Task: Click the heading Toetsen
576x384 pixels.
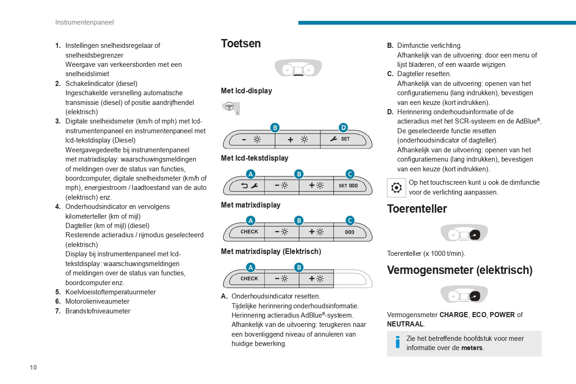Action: [240, 44]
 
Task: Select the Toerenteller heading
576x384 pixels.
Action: [417, 209]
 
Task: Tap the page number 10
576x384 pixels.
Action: [33, 367]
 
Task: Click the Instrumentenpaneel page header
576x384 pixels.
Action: [84, 22]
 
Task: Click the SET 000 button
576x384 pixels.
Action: [349, 186]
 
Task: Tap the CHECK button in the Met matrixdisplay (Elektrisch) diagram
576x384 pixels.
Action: [249, 279]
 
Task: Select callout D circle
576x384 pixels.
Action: [343, 127]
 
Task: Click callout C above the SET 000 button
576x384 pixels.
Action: [350, 174]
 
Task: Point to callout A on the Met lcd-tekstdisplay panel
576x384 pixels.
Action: [250, 174]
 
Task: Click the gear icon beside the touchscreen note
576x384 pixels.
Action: [396, 188]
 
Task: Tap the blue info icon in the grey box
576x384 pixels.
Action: [397, 343]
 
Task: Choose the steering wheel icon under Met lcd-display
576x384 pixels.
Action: [230, 108]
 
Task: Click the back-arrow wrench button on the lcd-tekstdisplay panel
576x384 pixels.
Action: [249, 186]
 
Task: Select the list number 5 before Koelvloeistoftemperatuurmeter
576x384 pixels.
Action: [58, 292]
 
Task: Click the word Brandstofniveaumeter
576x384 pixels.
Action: [97, 311]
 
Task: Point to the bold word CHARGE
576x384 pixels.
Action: [453, 315]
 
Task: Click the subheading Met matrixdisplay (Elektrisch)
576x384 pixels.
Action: [271, 252]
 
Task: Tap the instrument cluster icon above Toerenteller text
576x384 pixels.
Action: [464, 233]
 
